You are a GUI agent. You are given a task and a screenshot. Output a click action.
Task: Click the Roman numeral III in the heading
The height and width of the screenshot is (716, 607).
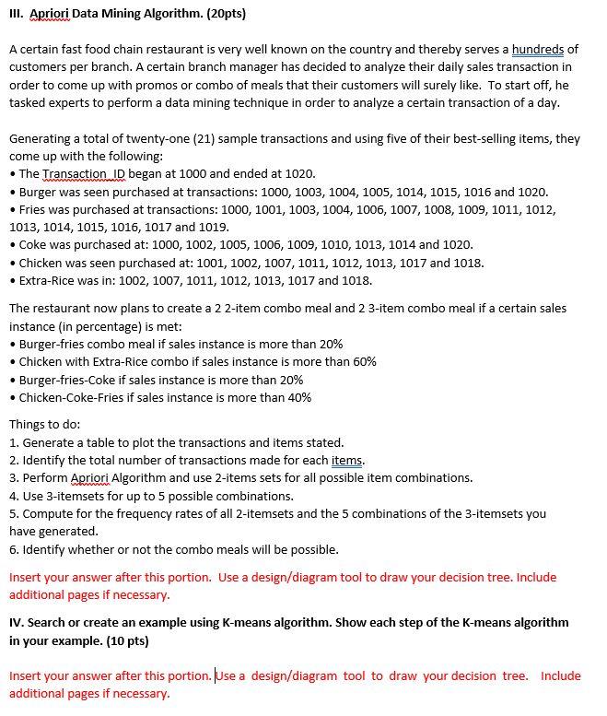pos(16,15)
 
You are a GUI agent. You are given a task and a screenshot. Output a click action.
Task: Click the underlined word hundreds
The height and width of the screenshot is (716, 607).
pos(538,49)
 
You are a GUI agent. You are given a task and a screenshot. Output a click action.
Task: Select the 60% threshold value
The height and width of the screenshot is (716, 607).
pos(362,361)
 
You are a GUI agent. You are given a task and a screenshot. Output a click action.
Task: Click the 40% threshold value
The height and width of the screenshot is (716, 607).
pos(298,397)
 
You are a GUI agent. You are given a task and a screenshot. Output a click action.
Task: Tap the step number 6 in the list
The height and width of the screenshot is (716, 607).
pos(13,549)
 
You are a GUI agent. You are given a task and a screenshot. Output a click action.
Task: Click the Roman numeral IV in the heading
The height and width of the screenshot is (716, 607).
pos(16,622)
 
